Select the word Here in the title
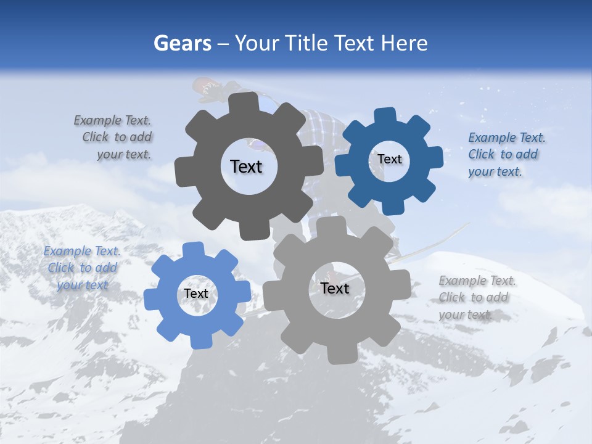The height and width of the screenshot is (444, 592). (x=404, y=43)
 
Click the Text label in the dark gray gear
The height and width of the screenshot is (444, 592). (x=246, y=166)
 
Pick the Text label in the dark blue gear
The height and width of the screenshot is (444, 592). (x=389, y=159)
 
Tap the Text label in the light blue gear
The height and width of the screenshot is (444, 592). (x=196, y=294)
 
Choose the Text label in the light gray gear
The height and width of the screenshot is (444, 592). (x=335, y=289)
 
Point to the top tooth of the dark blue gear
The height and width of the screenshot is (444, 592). (x=385, y=116)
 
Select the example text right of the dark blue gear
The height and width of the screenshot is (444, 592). (x=503, y=155)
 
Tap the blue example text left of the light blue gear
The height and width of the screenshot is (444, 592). (x=82, y=268)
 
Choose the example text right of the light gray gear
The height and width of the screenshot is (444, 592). (x=475, y=298)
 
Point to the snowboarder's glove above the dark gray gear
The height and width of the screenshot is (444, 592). (x=210, y=90)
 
